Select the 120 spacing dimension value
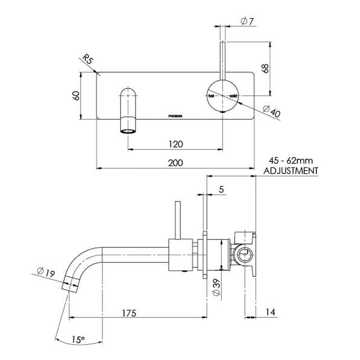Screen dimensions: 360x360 coord(175,144)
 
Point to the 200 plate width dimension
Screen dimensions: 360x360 coord(175,163)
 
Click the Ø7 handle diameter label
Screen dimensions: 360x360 coord(247,21)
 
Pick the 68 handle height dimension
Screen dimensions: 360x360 coord(265,68)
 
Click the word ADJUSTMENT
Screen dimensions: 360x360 coord(291,171)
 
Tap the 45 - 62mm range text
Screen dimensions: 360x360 coord(291,161)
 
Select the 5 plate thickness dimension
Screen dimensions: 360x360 coord(221,190)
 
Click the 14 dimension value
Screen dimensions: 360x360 coord(270,311)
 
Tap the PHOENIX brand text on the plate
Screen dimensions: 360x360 coord(175,115)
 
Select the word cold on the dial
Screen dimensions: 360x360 coord(233,96)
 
